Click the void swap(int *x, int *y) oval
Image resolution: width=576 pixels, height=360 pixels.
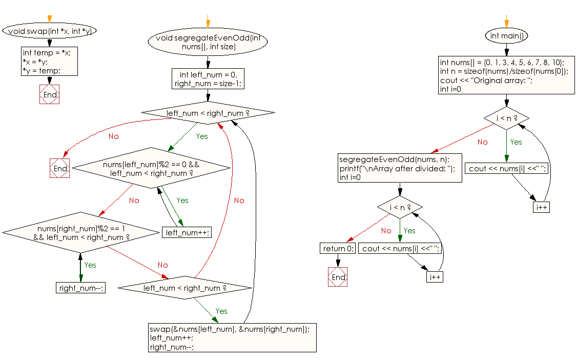[50, 31]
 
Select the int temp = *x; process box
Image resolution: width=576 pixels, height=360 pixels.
[49, 61]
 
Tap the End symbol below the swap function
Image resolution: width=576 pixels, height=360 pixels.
[50, 95]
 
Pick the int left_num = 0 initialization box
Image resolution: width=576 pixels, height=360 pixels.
[208, 78]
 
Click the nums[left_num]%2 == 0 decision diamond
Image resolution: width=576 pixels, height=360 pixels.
[151, 168]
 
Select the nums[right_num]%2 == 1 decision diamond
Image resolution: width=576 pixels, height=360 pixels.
[81, 232]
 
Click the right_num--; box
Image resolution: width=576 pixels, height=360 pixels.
[80, 288]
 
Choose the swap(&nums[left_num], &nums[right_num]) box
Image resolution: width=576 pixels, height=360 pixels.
[232, 337]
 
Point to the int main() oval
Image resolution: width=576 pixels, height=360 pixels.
[506, 36]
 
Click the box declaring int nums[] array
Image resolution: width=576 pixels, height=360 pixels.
[506, 75]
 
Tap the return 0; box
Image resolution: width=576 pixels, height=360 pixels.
[338, 248]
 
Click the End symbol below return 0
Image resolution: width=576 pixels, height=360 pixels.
[338, 277]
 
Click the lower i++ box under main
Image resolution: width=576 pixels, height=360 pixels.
[435, 276]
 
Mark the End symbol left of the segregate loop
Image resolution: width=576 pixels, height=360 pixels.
[60, 168]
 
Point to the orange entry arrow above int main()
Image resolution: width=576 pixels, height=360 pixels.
[506, 21]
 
